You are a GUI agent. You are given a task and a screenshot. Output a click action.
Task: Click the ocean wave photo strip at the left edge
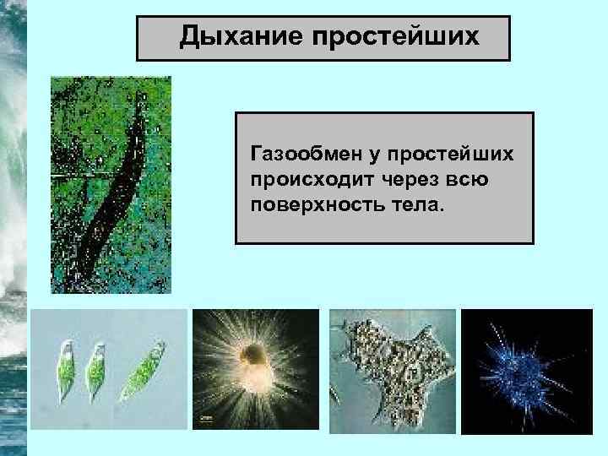pos(14,228)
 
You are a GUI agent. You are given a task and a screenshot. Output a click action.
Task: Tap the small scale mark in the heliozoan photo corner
pos(205,416)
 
